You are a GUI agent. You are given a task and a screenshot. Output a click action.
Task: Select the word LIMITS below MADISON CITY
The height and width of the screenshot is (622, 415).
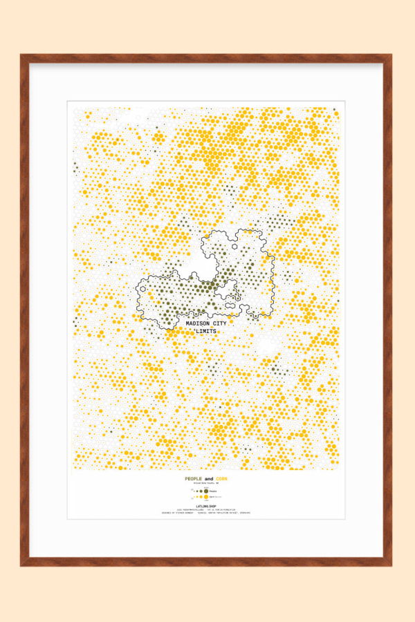(x=206, y=332)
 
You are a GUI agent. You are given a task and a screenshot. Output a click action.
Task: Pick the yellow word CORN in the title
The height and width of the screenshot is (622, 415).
(x=221, y=479)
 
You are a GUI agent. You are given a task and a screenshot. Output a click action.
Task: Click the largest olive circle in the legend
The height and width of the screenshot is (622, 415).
(x=205, y=490)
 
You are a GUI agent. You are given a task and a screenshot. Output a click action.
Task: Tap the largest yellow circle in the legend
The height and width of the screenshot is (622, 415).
(x=205, y=497)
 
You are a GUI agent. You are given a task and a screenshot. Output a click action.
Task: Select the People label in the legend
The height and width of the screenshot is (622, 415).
(x=214, y=490)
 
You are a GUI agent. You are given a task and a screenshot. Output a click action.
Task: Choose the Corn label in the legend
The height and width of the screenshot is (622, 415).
(x=214, y=497)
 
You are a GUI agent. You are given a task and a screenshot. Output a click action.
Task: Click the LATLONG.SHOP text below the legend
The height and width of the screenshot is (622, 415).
(x=207, y=507)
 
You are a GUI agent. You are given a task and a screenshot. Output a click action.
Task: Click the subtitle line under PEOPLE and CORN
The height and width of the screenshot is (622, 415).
(x=207, y=484)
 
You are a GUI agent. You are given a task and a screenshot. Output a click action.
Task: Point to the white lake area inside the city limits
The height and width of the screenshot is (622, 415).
(x=206, y=266)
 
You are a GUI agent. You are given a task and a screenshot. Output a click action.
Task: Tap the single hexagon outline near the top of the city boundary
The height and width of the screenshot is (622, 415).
(x=236, y=245)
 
